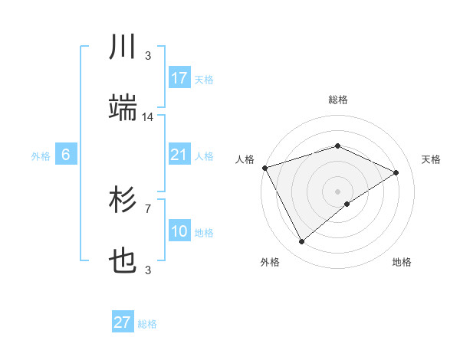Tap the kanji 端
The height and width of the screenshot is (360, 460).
point(123,108)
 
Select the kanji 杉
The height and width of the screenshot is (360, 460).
point(123,201)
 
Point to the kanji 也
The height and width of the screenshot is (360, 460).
point(123,261)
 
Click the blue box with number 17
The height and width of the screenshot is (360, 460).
point(179,77)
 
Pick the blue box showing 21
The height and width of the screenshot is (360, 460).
point(179,155)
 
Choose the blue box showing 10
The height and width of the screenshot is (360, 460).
point(179,231)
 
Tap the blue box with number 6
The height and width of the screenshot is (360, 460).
point(66,155)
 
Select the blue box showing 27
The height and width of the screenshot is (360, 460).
point(123,322)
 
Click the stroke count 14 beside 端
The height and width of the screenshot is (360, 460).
point(148,117)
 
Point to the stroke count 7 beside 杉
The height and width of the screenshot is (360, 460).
point(148,208)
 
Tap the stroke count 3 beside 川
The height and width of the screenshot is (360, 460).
point(148,55)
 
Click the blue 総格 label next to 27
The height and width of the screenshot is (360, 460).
point(147,324)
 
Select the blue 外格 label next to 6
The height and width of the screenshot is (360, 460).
point(41,156)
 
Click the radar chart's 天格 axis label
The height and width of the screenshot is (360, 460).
point(431,159)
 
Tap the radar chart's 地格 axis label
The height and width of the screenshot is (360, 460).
point(402,262)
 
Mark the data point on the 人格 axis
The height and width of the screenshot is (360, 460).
point(264,168)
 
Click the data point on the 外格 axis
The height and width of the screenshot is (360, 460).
point(301,242)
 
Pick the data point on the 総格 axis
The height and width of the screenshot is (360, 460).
point(337,146)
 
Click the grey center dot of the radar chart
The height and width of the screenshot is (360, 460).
point(337,191)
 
